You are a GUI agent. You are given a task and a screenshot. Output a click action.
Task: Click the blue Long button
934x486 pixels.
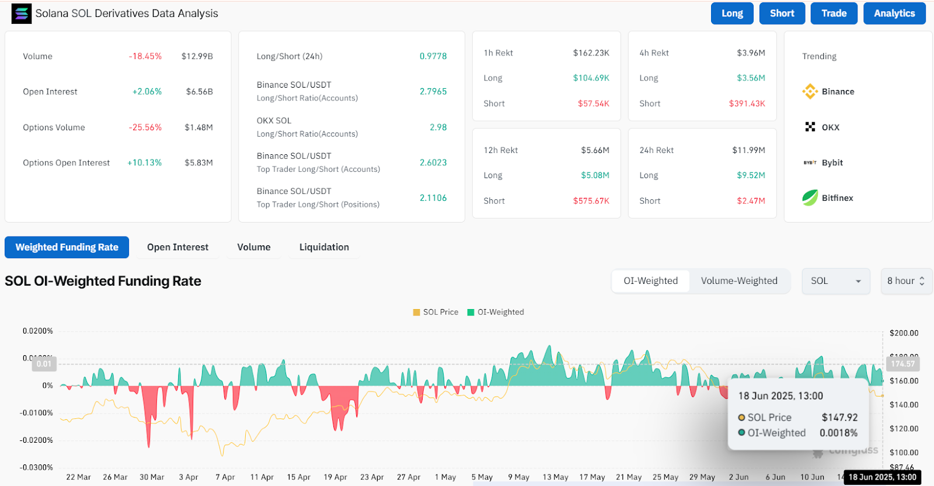pyautogui.click(x=732, y=13)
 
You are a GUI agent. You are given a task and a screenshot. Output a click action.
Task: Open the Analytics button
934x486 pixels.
pyautogui.click(x=894, y=13)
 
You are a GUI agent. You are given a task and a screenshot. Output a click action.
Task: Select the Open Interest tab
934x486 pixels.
pyautogui.click(x=177, y=247)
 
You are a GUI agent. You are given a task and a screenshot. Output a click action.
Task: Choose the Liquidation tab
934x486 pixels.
pyautogui.click(x=324, y=247)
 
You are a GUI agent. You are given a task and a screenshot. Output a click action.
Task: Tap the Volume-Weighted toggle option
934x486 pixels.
pyautogui.click(x=739, y=281)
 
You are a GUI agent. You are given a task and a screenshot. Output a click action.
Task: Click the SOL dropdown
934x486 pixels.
pyautogui.click(x=835, y=281)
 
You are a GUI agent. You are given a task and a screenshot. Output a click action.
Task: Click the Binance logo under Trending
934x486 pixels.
pyautogui.click(x=810, y=92)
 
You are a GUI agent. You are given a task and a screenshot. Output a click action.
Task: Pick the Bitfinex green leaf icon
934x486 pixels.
pyautogui.click(x=810, y=198)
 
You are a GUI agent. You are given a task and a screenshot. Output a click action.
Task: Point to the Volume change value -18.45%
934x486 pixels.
pyautogui.click(x=145, y=57)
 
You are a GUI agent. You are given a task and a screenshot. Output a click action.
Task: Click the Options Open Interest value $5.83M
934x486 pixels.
pyautogui.click(x=198, y=163)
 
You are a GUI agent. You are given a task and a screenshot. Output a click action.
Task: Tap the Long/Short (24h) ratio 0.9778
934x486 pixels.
pyautogui.click(x=433, y=57)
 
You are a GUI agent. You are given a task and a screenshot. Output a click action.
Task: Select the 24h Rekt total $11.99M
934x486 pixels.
pyautogui.click(x=748, y=150)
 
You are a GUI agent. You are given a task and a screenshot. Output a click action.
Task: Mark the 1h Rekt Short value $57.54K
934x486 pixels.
pyautogui.click(x=594, y=103)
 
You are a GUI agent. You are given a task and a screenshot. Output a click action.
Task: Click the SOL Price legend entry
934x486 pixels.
pyautogui.click(x=435, y=313)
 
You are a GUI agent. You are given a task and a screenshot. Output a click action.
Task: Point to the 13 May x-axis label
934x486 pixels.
pyautogui.click(x=555, y=477)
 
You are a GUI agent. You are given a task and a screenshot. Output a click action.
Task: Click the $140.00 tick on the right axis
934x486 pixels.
pyautogui.click(x=904, y=405)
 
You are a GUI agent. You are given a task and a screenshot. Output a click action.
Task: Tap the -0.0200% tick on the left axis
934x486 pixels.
pyautogui.click(x=36, y=440)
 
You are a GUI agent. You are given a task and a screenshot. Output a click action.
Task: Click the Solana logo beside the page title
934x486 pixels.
pyautogui.click(x=22, y=13)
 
